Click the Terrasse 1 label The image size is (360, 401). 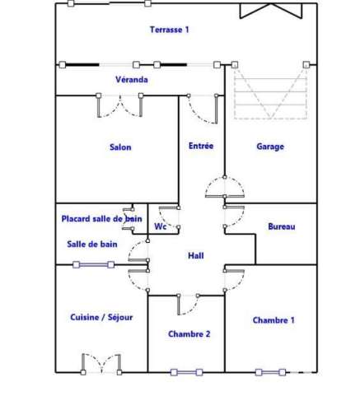(170, 30)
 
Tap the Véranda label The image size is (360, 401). (132, 80)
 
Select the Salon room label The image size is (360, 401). (120, 147)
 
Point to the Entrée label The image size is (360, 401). (201, 146)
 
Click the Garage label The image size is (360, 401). (270, 147)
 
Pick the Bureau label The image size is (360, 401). (282, 226)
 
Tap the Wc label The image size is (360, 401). (161, 226)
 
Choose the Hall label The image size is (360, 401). (196, 255)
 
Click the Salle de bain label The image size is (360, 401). (92, 244)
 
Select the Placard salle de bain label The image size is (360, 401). (101, 219)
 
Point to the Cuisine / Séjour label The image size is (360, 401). (101, 317)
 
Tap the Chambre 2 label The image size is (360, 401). (189, 333)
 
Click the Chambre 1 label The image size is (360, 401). (274, 320)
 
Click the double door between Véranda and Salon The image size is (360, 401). (119, 105)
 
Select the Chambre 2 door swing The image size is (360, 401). (189, 305)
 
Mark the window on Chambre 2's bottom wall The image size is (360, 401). (187, 372)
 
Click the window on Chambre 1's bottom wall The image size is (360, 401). (270, 372)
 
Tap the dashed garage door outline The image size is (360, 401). (270, 92)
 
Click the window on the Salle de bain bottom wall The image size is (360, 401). (94, 265)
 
